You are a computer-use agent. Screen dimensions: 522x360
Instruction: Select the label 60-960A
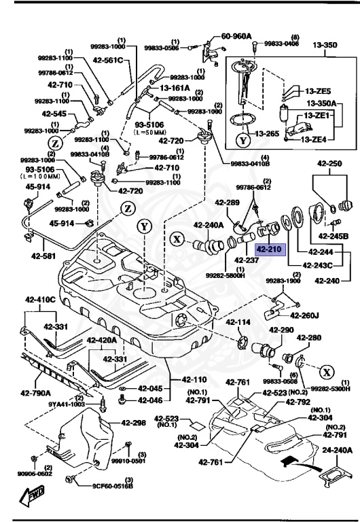tap(236, 36)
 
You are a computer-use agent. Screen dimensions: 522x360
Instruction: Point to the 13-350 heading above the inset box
tap(325, 46)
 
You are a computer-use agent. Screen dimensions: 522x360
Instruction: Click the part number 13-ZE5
tap(317, 91)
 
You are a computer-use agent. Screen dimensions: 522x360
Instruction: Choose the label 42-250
tap(329, 164)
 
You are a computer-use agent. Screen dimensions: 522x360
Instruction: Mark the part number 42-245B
tap(336, 236)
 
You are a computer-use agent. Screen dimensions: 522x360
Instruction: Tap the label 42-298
tap(134, 422)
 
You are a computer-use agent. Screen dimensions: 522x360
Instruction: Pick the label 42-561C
tap(109, 60)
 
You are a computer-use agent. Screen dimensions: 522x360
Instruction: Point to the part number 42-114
tap(238, 322)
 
